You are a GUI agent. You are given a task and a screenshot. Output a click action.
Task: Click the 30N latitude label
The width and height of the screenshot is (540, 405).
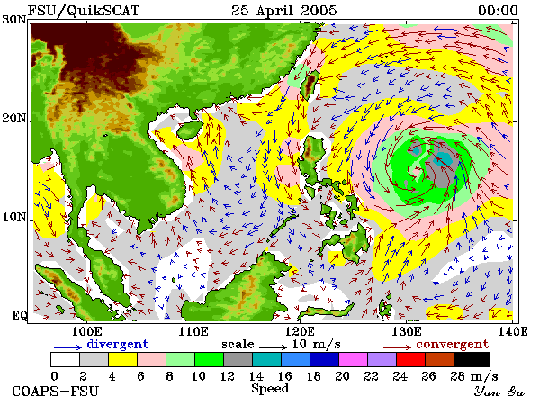click(x=14, y=19)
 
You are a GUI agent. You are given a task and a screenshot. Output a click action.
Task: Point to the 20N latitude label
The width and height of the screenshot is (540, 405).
click(x=14, y=118)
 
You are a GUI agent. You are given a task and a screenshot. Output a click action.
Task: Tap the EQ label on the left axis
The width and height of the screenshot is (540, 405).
click(x=19, y=315)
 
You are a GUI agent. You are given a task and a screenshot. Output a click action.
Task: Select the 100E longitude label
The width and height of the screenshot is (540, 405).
click(x=86, y=331)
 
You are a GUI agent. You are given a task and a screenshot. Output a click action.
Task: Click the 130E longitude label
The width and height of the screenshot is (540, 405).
click(x=407, y=331)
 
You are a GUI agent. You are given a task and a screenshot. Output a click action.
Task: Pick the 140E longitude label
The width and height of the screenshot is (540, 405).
click(x=513, y=331)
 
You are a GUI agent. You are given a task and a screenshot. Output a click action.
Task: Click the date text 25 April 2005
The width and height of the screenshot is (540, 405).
click(x=283, y=11)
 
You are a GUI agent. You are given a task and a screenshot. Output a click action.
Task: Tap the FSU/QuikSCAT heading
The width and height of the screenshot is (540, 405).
click(x=84, y=11)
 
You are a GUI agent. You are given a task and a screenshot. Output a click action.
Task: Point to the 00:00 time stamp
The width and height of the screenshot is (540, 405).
click(x=498, y=11)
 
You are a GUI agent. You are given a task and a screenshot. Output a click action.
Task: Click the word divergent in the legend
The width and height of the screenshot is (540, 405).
click(x=117, y=344)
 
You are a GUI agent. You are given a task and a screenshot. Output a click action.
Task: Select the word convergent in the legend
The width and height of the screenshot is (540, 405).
click(x=453, y=345)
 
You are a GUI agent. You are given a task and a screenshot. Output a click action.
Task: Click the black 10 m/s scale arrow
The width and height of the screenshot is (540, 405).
click(x=273, y=346)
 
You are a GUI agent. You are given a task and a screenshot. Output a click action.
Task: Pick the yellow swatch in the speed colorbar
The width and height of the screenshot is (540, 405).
click(x=122, y=359)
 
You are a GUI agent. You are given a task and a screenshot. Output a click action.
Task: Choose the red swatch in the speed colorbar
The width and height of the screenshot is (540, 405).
click(x=410, y=359)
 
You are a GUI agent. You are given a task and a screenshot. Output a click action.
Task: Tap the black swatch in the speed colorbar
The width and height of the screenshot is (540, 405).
click(x=472, y=359)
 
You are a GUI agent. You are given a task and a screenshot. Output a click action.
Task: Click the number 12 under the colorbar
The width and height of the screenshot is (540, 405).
click(x=228, y=376)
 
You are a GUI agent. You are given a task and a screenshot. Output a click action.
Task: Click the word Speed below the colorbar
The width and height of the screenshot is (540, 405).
click(x=270, y=389)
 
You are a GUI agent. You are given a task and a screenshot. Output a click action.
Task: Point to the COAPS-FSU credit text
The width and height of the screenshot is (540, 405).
click(x=56, y=391)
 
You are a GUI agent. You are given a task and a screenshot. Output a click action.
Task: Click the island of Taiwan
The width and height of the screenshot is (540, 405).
click(x=309, y=85)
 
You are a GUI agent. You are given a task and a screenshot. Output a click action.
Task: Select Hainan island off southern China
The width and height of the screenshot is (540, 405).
click(x=190, y=130)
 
